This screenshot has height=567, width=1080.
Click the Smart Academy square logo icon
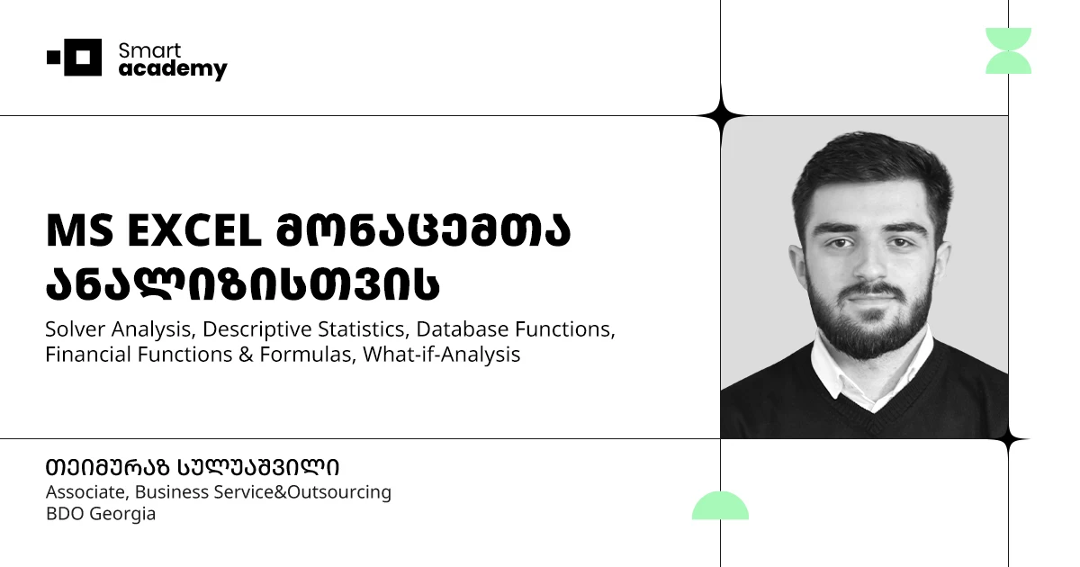click(76, 58)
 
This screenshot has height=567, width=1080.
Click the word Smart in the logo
click(149, 50)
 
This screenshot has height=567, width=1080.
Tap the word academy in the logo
click(173, 70)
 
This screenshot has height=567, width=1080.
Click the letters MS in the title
click(73, 232)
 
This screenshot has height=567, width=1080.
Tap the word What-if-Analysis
click(443, 355)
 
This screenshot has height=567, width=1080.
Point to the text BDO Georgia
click(100, 515)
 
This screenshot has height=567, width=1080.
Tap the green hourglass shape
click(1008, 50)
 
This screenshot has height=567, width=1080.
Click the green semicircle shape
click(720, 507)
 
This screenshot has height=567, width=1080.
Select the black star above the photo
click(720, 115)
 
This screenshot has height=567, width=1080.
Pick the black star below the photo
click(1008, 439)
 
